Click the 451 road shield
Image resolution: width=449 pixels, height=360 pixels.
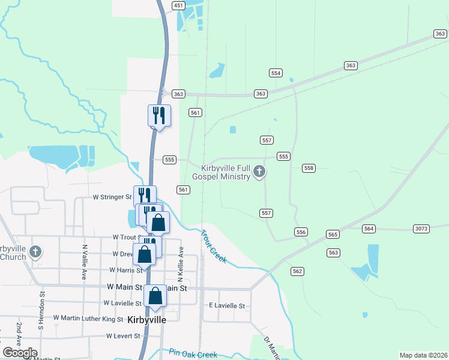[178, 5]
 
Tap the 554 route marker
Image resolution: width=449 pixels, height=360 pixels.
[276, 73]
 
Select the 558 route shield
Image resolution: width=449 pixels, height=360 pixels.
[309, 169]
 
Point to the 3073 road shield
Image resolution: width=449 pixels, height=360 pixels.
[421, 229]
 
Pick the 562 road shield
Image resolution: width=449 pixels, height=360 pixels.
[297, 272]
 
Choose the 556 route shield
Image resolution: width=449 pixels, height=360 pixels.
[301, 232]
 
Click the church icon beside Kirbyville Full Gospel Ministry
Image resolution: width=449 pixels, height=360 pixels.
[259, 172]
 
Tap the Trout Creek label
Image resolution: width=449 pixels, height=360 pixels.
[213, 246]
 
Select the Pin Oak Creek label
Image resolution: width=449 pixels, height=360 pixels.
[193, 354]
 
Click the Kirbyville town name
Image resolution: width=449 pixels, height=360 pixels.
[147, 320]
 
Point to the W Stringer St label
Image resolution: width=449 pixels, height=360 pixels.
[112, 197]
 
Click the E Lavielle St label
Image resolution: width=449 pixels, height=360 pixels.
[227, 306]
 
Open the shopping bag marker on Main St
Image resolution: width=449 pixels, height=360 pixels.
[155, 296]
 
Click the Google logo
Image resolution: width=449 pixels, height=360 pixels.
[20, 353]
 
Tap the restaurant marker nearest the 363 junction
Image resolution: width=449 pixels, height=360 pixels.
[159, 115]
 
